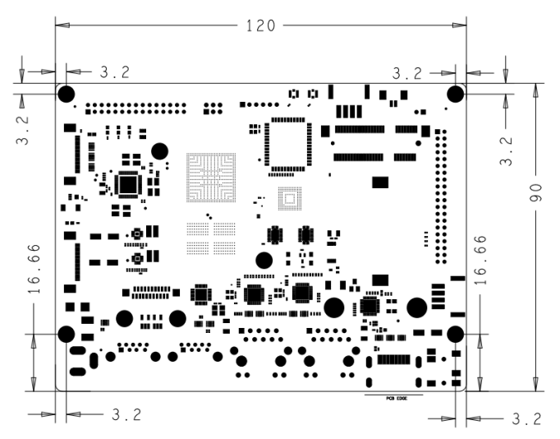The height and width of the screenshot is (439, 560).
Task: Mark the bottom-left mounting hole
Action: click(x=67, y=334)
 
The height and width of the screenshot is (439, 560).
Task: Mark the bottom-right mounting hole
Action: click(x=454, y=334)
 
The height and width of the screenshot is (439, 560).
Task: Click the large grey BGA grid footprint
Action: click(x=210, y=178)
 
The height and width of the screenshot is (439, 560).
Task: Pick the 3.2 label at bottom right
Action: click(x=526, y=418)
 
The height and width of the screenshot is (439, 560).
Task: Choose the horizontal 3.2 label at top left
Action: click(x=114, y=72)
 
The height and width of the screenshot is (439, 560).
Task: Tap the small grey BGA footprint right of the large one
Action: click(x=287, y=199)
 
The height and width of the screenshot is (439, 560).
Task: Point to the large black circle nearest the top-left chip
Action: click(x=160, y=150)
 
